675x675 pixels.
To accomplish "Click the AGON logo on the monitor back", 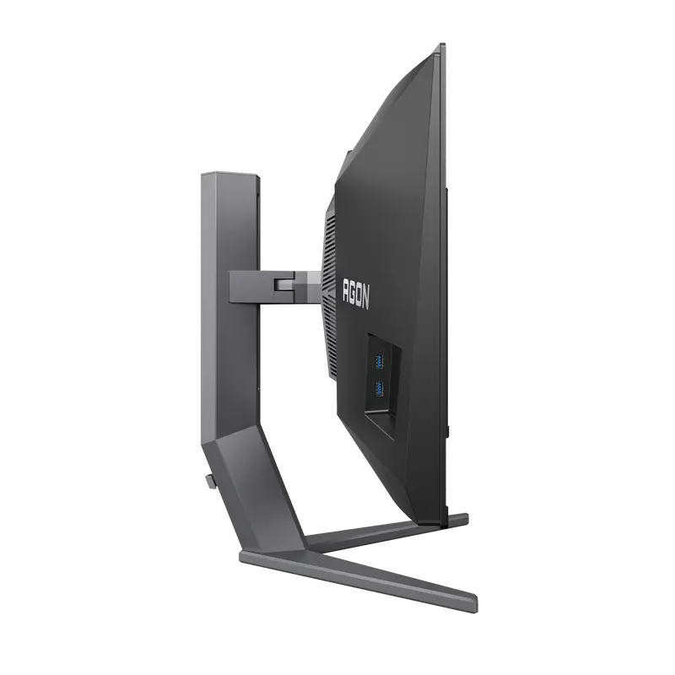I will [355, 292].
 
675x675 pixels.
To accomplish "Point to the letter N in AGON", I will [364, 298].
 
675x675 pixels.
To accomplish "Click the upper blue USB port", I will [379, 362].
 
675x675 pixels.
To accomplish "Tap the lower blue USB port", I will [379, 389].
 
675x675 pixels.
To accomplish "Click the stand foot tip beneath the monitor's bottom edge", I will [456, 520].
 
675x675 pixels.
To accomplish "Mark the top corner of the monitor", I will [440, 44].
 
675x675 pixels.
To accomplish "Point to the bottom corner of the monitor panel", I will [440, 525].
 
